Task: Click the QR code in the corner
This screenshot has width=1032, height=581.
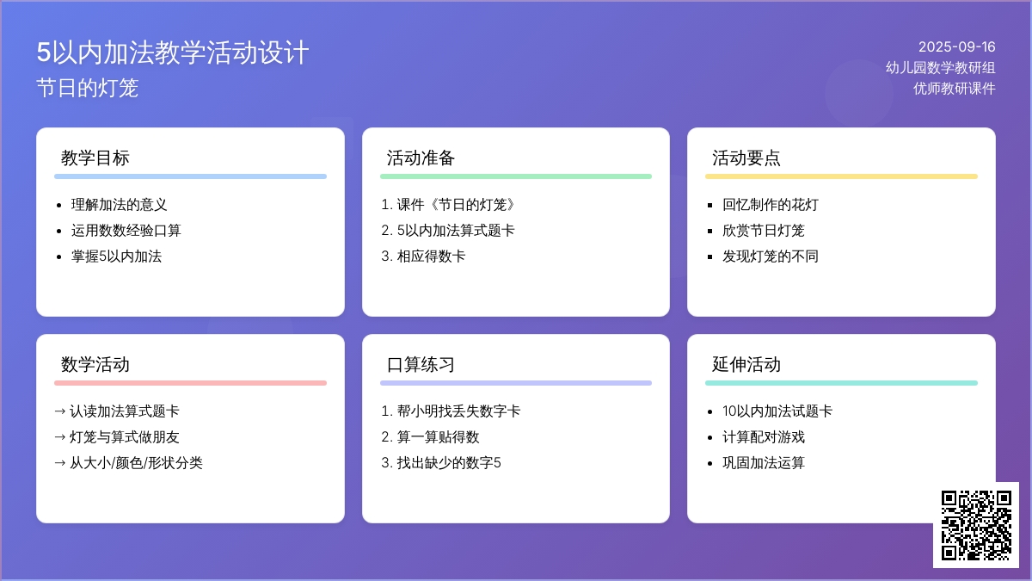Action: [976, 525]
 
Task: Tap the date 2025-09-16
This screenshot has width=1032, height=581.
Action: [956, 47]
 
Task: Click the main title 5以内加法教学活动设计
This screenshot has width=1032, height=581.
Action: [172, 53]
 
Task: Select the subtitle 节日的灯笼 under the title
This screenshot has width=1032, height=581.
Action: [87, 88]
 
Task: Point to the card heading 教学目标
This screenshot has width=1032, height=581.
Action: [95, 158]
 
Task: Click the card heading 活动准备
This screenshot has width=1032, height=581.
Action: [421, 158]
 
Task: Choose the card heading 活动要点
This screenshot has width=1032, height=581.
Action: [746, 158]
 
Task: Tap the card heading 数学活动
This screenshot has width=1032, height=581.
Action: [95, 364]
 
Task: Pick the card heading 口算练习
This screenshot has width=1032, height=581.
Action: [421, 364]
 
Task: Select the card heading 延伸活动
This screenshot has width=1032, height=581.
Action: [746, 364]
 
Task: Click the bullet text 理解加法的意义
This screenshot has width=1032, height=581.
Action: [119, 204]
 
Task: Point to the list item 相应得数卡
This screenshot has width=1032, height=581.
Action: [431, 256]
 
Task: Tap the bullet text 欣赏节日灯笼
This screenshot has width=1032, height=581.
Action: [764, 230]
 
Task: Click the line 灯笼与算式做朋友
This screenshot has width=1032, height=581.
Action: [125, 436]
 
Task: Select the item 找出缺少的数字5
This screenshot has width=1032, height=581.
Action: [449, 462]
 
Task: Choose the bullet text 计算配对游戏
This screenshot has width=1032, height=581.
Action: [764, 436]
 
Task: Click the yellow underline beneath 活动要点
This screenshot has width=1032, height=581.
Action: [841, 176]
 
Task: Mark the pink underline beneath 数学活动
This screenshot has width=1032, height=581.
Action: [190, 383]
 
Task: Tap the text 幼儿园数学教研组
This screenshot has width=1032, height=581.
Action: [940, 68]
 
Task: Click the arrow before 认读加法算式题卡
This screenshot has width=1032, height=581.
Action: [60, 411]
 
